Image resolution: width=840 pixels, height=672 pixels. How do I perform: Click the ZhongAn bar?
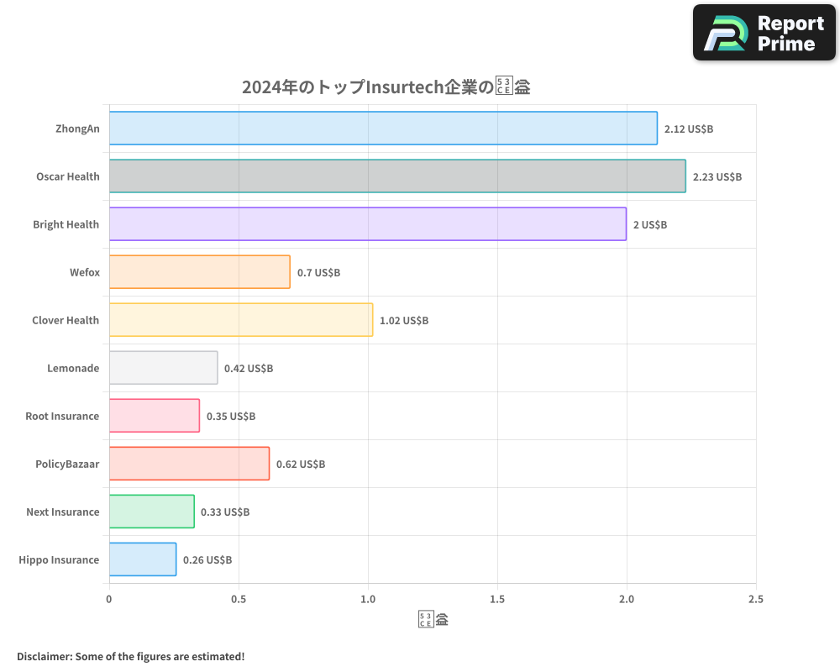point(383,129)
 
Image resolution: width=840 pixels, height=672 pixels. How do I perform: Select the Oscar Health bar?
point(397,176)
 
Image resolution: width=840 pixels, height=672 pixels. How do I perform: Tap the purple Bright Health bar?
point(368,224)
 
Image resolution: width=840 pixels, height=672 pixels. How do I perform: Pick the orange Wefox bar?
point(200,272)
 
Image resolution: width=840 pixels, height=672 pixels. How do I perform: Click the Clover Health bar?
point(241,320)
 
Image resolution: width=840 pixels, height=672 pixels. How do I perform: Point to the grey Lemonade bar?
point(163,368)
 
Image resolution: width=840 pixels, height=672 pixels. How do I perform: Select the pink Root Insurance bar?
point(155,416)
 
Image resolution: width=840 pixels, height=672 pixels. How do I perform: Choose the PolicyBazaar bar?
point(189,464)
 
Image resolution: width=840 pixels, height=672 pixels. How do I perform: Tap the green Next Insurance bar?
point(151,512)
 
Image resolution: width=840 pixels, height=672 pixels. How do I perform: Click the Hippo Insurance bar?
point(143,559)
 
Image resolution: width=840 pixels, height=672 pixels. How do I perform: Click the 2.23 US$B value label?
point(717,177)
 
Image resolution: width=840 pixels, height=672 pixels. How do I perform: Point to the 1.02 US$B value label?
point(404,321)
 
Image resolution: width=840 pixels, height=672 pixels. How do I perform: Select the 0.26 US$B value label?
point(207,560)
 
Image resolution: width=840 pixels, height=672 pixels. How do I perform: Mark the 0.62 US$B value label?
point(301,465)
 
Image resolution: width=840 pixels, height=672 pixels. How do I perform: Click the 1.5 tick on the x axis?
point(497,600)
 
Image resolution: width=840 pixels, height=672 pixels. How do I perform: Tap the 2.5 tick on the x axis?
point(755,600)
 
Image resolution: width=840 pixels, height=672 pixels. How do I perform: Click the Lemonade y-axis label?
point(74,369)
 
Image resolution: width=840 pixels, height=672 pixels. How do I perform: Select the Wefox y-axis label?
point(84,273)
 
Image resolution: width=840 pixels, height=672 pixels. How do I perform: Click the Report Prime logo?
point(764,33)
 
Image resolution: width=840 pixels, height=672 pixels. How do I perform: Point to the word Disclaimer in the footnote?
point(44,656)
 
